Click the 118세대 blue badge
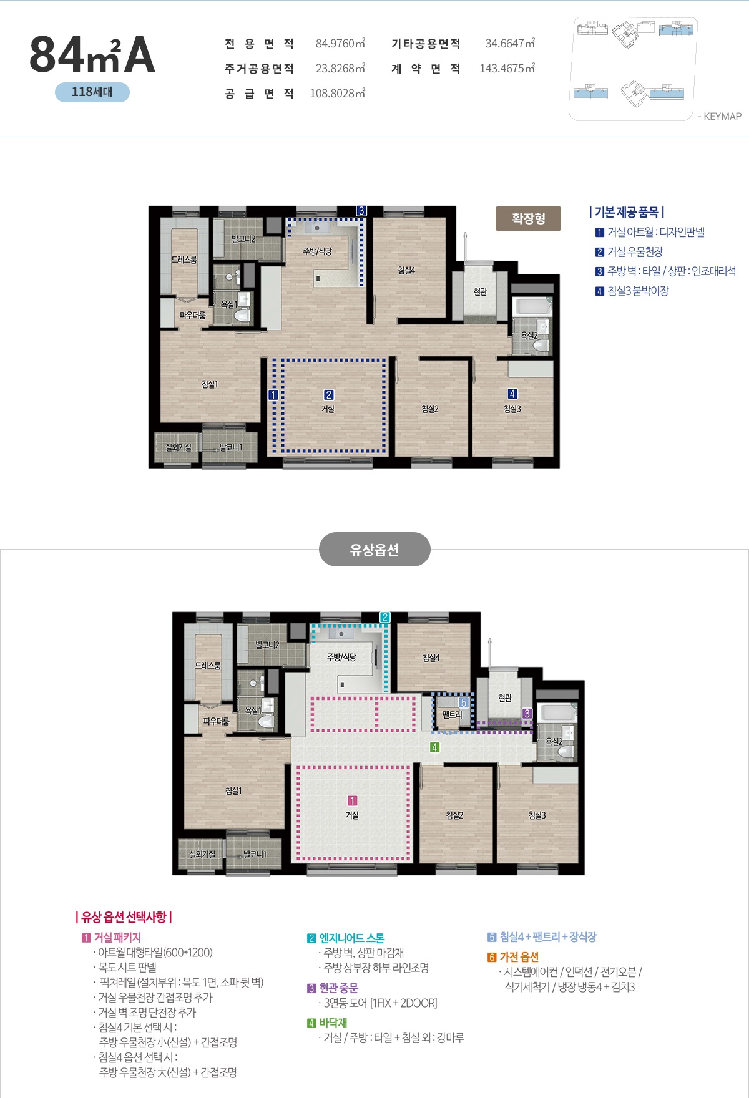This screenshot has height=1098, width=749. coord(92,92)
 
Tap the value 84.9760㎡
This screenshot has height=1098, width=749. coord(340,44)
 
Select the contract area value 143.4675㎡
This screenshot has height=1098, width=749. coord(507,69)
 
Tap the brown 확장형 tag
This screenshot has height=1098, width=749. coord(529,218)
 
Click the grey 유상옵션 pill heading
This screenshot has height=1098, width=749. coord(374,550)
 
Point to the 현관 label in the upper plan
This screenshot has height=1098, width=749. coord(480,291)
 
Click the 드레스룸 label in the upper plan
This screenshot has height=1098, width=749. coord(184,260)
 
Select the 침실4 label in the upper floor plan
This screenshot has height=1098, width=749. coord(406,270)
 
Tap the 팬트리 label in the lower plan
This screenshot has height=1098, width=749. coord(452,714)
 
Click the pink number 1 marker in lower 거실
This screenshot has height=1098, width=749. coord(352,800)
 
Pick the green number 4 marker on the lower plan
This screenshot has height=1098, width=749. coord(435,747)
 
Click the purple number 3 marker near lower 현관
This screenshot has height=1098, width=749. coord(527,714)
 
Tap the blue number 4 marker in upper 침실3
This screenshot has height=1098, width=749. coord(512,394)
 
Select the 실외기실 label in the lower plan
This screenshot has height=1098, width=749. coord(202,854)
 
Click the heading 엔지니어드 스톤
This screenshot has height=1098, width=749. coord(352,938)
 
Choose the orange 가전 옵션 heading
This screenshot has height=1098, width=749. coord(519,957)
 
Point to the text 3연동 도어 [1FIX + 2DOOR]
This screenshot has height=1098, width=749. coord(380,1003)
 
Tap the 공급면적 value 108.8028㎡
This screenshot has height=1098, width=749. coord(338,94)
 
